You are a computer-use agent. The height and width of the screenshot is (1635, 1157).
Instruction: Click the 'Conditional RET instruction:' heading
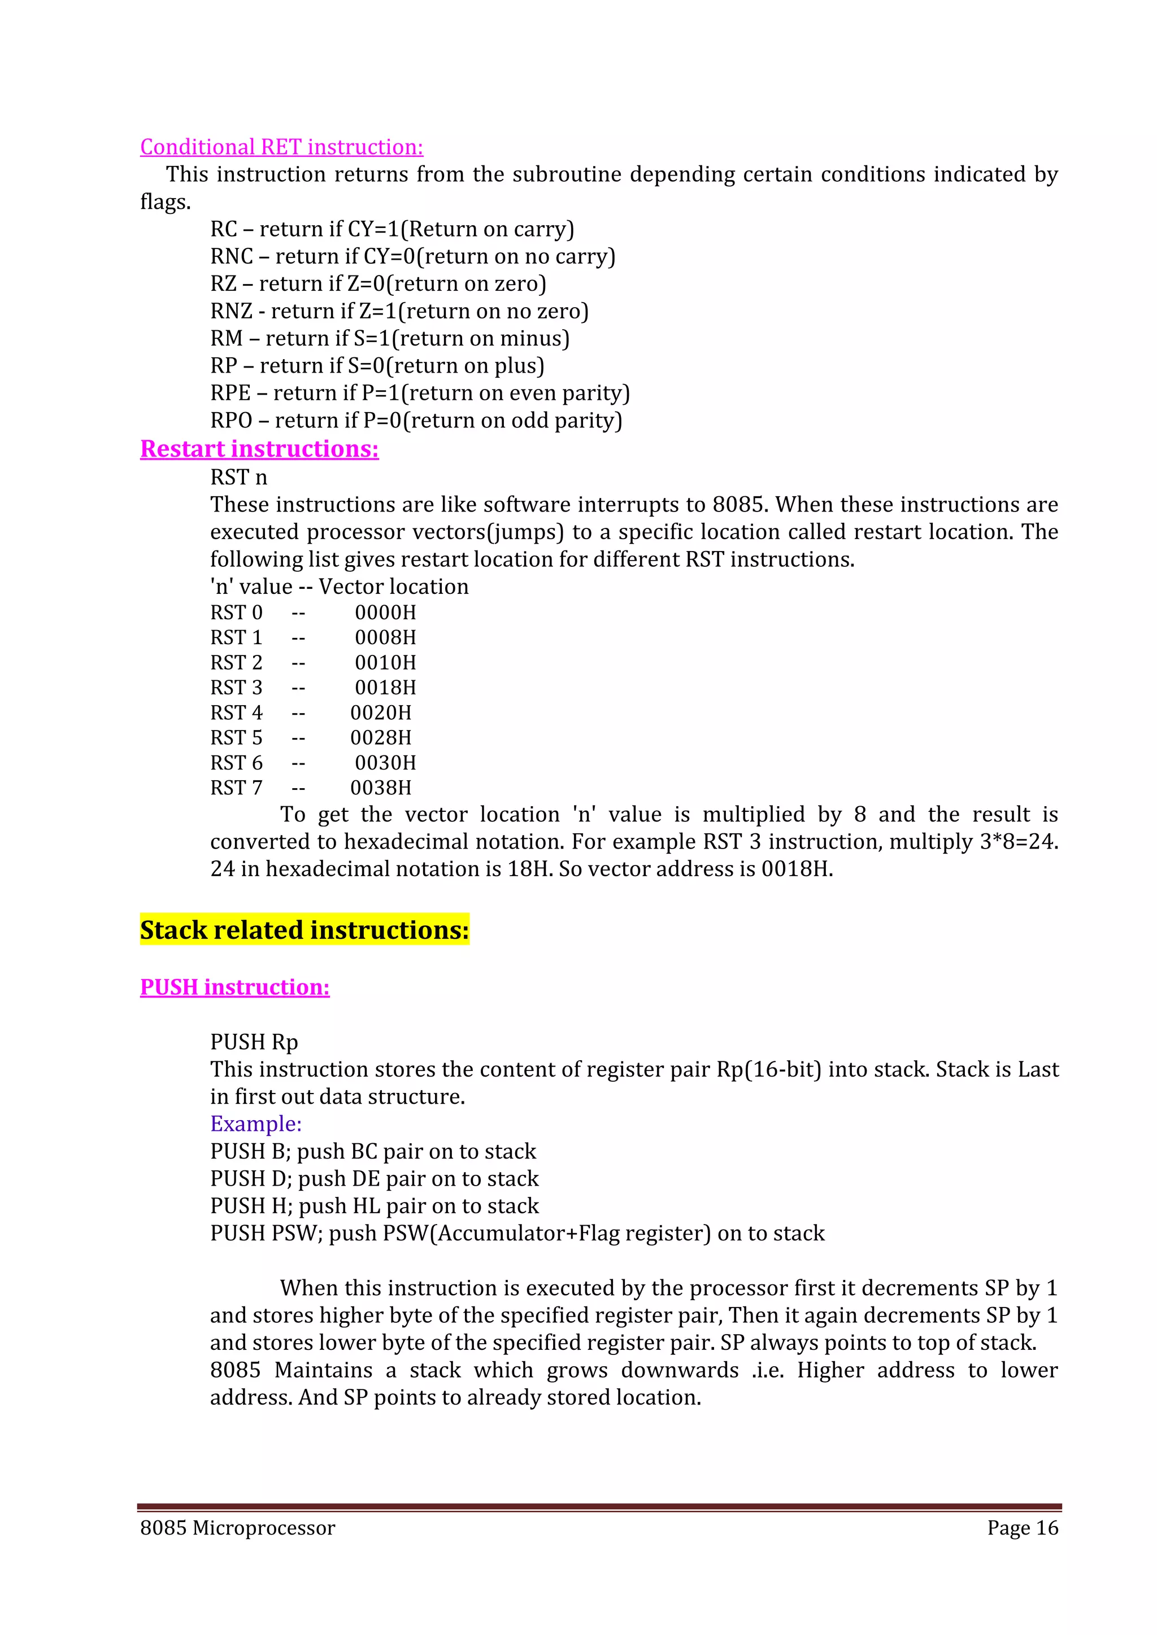[281, 147]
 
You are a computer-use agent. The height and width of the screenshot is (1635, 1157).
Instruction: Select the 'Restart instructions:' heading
[259, 449]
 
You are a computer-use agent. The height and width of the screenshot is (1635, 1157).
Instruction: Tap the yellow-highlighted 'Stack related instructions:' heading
[304, 930]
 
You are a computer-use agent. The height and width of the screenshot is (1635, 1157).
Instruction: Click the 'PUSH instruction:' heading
[234, 987]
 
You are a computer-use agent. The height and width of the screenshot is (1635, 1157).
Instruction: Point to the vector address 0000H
[385, 613]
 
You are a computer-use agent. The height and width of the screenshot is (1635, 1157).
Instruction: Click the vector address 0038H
[380, 788]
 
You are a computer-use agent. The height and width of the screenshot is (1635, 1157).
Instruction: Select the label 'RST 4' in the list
[237, 713]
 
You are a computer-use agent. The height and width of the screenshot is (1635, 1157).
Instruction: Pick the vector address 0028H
[380, 738]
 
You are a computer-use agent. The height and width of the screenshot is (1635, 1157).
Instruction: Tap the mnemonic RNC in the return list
[232, 256]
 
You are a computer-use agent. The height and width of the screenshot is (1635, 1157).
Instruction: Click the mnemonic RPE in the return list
[230, 393]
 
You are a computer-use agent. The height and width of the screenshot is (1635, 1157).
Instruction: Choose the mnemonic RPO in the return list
[231, 421]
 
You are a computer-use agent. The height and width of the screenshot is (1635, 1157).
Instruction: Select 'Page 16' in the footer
[1023, 1528]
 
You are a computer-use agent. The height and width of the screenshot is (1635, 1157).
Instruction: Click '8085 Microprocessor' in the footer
[237, 1528]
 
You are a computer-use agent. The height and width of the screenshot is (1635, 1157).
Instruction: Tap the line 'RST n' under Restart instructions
[238, 477]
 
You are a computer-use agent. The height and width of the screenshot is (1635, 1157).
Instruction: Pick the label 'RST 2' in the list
[237, 663]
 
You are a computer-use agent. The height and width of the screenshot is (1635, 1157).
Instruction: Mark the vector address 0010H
[385, 663]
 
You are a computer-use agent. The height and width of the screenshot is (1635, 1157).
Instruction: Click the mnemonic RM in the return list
[227, 338]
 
